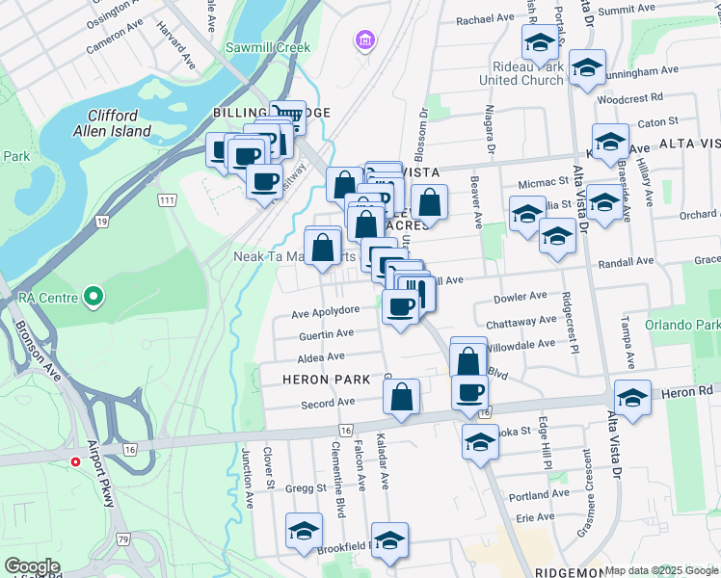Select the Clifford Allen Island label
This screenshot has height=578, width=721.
coord(112,123)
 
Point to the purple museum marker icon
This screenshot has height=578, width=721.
coord(365,40)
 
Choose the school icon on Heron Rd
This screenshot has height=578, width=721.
coord(631,397)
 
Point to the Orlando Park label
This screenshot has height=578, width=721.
coord(682,326)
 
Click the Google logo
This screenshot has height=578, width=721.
coord(32,565)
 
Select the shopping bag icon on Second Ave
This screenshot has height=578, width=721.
coord(401,396)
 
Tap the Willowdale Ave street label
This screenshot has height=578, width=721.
coord(521,344)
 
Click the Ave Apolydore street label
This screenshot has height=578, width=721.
coord(326,311)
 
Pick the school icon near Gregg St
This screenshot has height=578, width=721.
coord(304,530)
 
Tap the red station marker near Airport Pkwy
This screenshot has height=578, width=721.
coord(74,461)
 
